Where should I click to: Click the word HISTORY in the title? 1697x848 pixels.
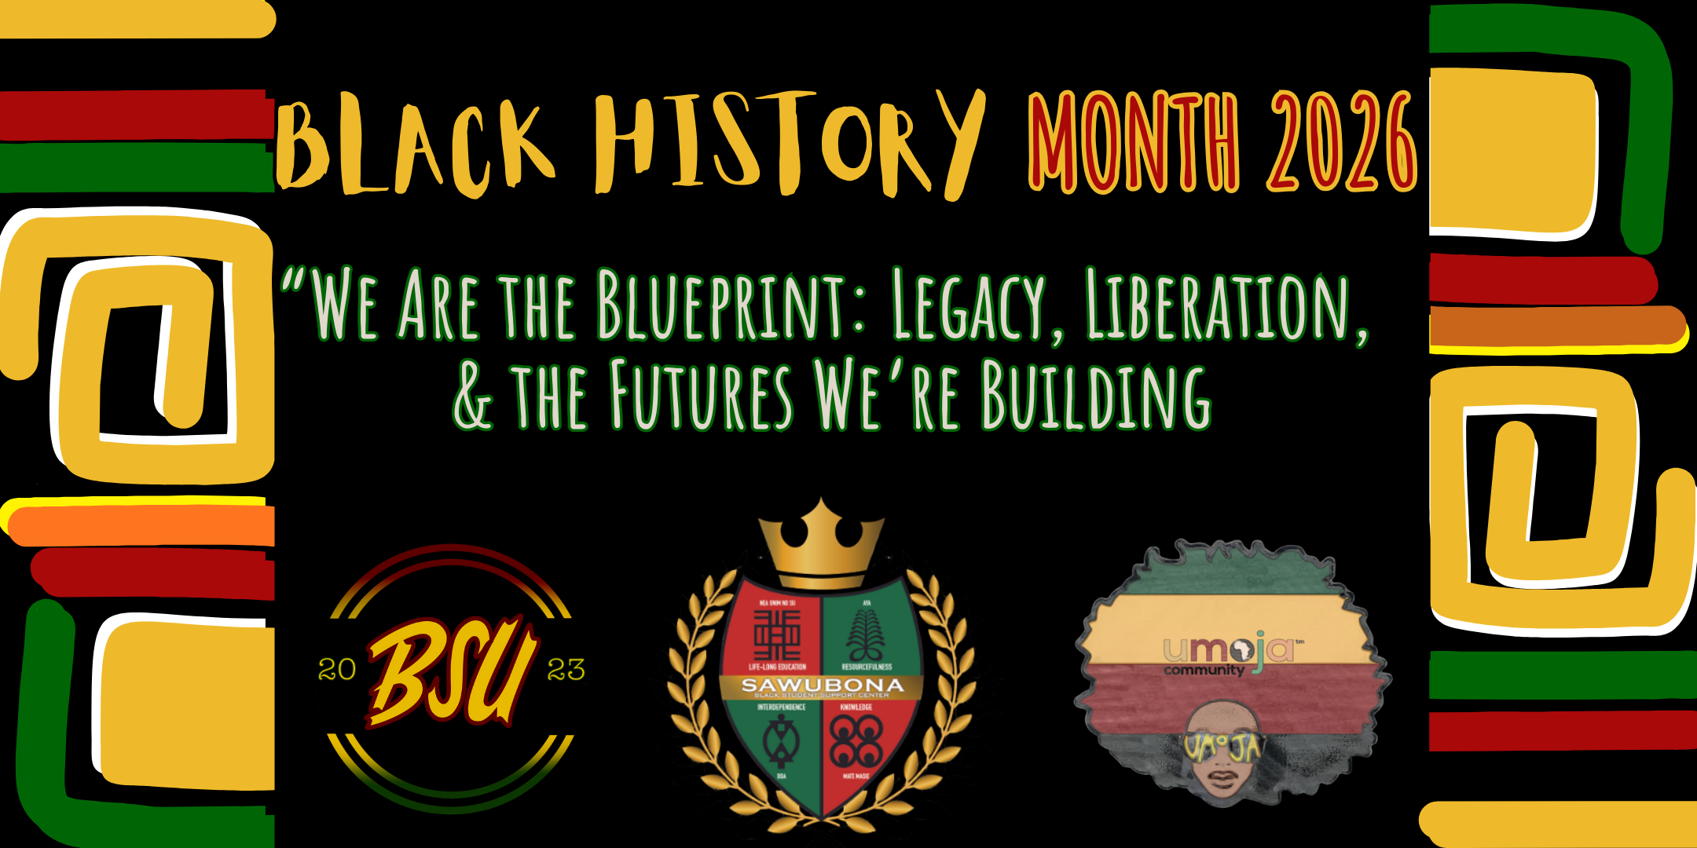(x=786, y=141)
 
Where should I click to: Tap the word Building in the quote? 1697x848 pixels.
(x=1096, y=397)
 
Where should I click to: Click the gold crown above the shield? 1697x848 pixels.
(x=822, y=546)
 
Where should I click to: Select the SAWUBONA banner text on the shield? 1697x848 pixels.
(x=822, y=685)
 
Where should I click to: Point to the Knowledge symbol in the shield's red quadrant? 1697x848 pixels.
(x=856, y=742)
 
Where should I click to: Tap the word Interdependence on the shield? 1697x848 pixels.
(x=781, y=707)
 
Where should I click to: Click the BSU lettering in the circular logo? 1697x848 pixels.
(x=452, y=671)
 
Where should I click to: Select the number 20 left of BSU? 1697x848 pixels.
(x=337, y=670)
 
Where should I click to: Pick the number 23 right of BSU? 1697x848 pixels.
(x=566, y=670)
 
